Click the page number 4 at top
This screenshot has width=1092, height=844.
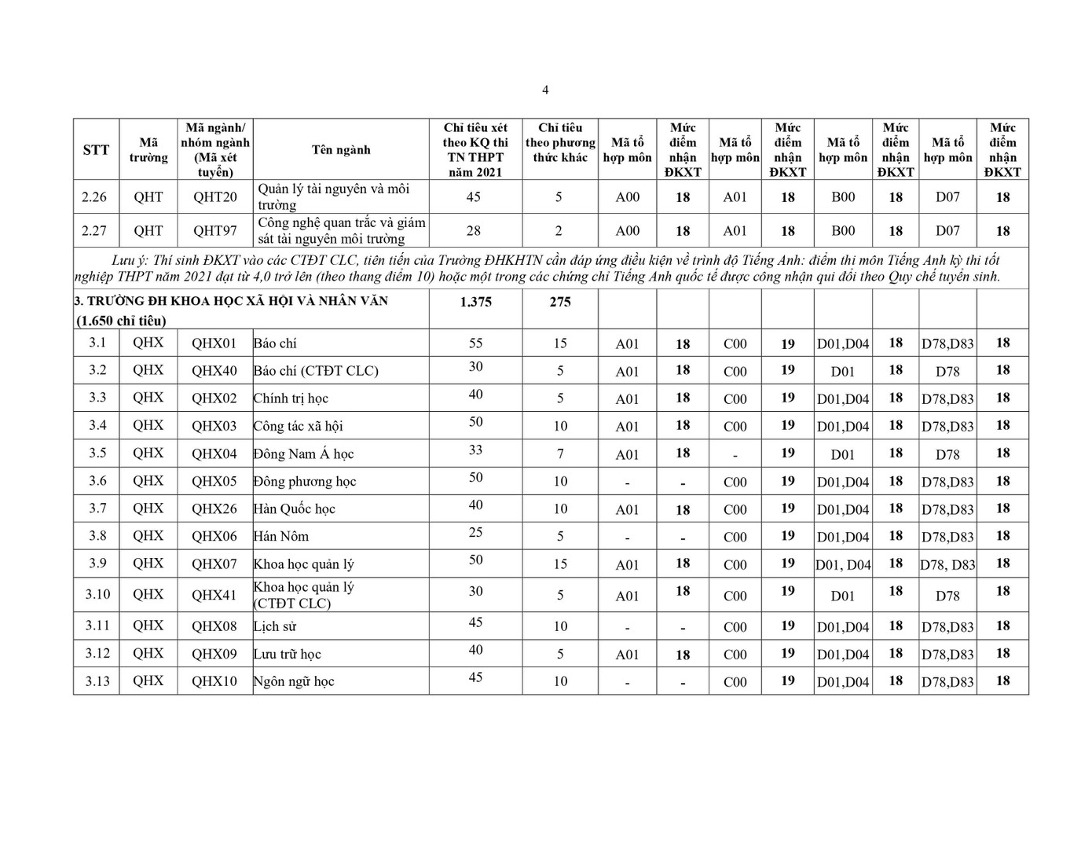(545, 90)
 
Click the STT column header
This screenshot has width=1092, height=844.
(96, 149)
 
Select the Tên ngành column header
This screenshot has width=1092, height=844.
(341, 149)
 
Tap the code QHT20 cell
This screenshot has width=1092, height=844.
(214, 196)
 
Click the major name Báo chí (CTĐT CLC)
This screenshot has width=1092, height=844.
(316, 371)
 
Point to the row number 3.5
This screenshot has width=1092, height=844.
(97, 453)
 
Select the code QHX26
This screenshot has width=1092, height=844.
(214, 508)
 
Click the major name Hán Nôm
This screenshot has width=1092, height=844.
(281, 537)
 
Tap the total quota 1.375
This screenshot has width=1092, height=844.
(475, 302)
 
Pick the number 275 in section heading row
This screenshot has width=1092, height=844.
(560, 302)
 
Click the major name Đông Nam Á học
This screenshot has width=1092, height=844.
(303, 454)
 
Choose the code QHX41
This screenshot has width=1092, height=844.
(214, 595)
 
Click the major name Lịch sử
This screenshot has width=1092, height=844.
(275, 627)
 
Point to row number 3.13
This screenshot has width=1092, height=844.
(97, 681)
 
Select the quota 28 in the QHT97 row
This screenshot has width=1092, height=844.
(473, 230)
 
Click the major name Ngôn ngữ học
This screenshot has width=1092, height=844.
(294, 682)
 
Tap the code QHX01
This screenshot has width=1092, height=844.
(214, 343)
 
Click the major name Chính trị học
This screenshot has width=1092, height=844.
(291, 398)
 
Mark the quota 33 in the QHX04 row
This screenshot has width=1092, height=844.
(475, 450)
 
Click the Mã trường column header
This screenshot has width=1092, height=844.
(148, 149)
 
